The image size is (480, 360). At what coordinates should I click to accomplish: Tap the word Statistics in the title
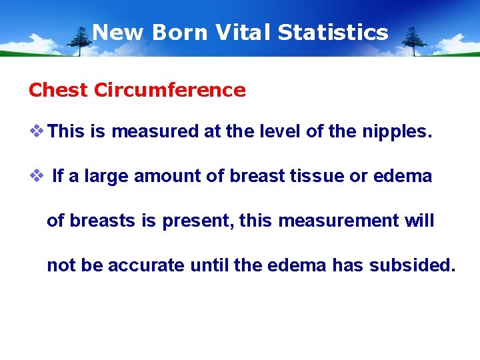tap(333, 32)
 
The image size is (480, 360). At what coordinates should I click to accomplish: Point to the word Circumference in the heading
tap(170, 90)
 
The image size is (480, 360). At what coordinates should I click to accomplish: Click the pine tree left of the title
tap(83, 41)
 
